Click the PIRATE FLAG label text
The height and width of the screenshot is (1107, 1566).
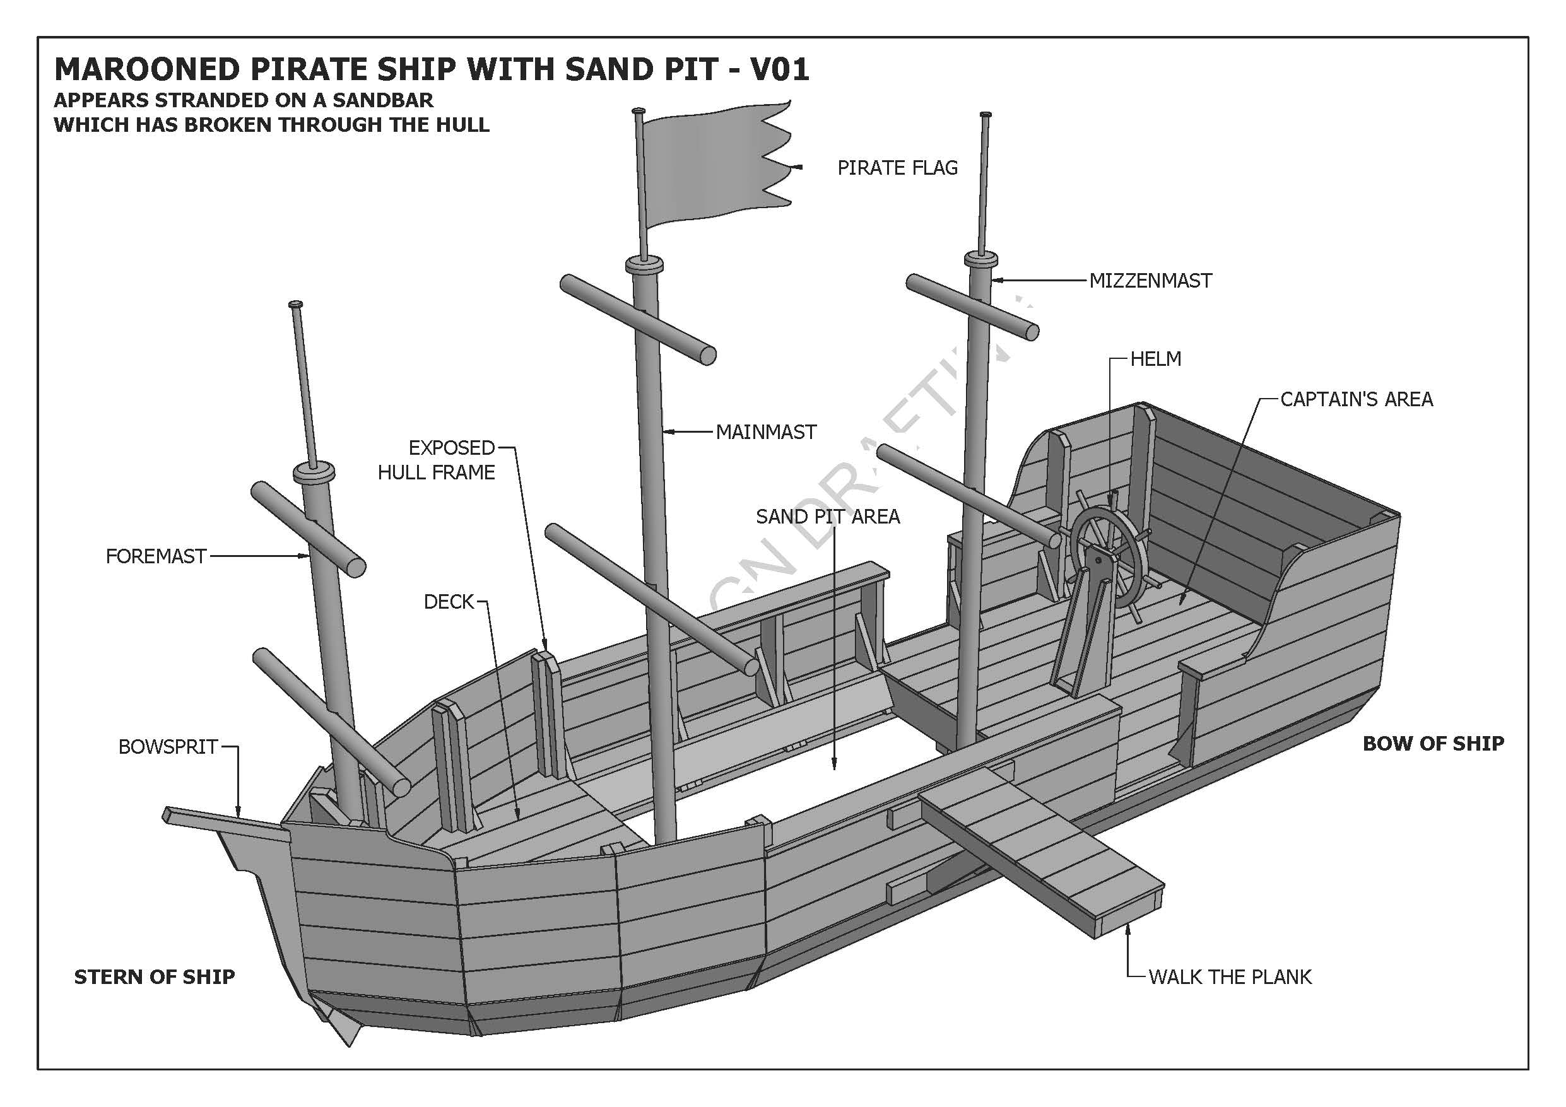[x=897, y=168]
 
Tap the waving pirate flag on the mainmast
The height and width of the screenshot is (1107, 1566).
[x=709, y=167]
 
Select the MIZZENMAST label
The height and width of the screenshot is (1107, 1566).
[x=1150, y=281]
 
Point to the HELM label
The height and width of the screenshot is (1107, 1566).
[x=1155, y=360]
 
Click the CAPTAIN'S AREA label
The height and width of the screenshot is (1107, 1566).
[x=1356, y=400]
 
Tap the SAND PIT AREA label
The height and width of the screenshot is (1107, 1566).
[x=827, y=517]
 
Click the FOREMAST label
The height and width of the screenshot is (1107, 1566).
[x=155, y=556]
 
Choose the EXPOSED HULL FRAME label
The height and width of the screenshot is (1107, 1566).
[x=437, y=460]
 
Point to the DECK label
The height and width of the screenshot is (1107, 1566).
[x=448, y=602]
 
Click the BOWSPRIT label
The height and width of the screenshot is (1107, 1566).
[x=168, y=747]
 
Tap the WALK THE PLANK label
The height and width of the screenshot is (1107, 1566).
[x=1230, y=976]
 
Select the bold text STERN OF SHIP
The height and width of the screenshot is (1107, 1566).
[x=154, y=976]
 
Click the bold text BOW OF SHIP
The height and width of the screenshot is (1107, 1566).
[x=1433, y=744]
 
